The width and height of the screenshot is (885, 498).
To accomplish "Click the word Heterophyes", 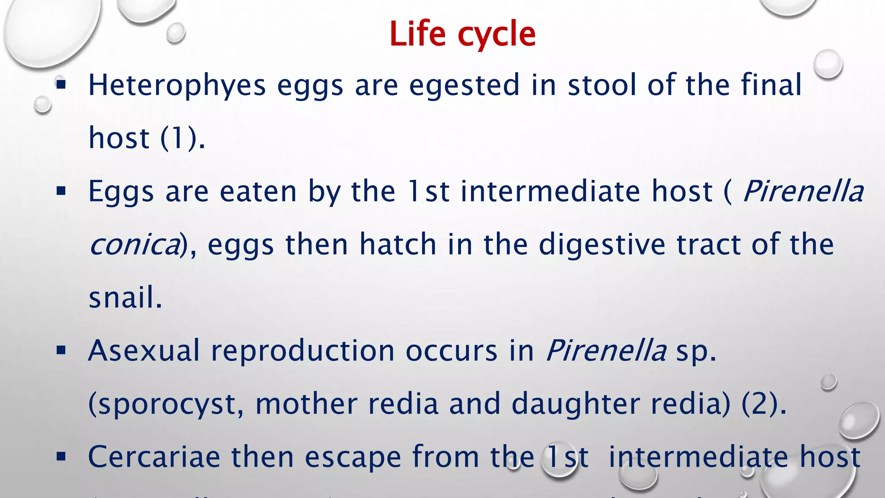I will pos(177,85).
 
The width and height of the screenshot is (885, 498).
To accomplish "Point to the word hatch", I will pos(398,244).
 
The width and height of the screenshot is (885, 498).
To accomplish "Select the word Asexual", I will pos(143,350).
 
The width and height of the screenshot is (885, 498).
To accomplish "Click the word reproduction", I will pos(302,350).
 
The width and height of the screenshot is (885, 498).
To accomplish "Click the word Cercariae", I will pos(154,457).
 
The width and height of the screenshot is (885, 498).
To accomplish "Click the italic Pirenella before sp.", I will pos(606,350).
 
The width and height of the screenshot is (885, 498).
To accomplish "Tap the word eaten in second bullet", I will pos(258,192).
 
